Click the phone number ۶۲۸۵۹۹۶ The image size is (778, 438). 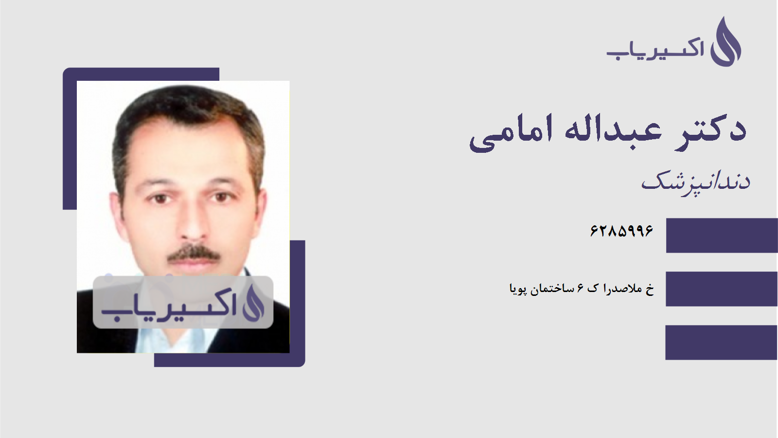(621, 231)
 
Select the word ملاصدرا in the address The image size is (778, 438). (623, 289)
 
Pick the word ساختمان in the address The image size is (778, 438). (552, 289)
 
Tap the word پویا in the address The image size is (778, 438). (518, 289)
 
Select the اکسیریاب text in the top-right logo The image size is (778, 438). (655, 50)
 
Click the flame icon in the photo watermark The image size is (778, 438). (253, 303)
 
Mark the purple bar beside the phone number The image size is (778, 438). (722, 236)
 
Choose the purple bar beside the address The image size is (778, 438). (722, 289)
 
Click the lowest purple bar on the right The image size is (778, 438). (722, 342)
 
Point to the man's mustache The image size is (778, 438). (194, 253)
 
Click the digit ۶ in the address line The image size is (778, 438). (580, 289)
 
